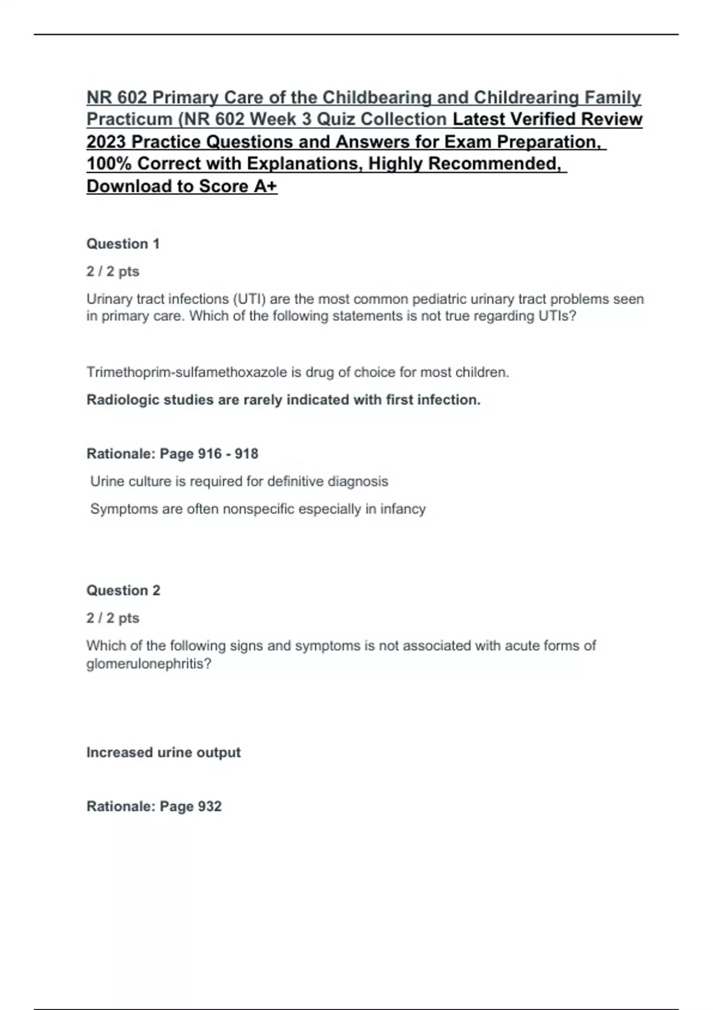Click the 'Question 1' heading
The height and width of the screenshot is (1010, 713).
click(123, 244)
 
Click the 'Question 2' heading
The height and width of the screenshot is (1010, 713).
click(123, 590)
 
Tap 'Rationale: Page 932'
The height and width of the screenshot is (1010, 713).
click(154, 806)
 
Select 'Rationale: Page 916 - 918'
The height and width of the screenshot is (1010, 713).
click(172, 454)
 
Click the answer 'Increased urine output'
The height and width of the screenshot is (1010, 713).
click(163, 752)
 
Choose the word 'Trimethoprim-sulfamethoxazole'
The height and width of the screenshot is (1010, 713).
click(187, 373)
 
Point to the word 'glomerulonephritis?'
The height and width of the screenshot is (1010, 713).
click(149, 664)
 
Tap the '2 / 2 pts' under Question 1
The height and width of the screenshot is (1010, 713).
click(113, 272)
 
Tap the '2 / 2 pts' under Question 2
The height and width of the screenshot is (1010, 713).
click(113, 618)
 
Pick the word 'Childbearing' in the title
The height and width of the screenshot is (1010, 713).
click(377, 97)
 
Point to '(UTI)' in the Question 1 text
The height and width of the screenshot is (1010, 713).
click(248, 299)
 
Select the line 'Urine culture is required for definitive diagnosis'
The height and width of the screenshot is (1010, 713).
click(239, 481)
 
